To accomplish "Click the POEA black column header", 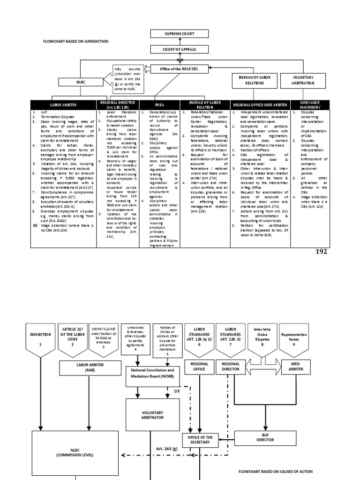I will tap(159, 105).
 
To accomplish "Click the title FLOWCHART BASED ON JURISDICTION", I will tap(75, 41).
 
